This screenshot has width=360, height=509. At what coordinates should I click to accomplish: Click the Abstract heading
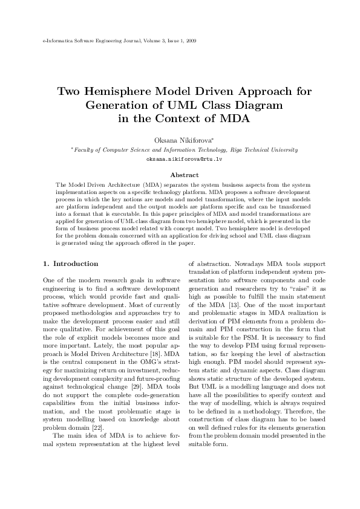[x=180, y=175]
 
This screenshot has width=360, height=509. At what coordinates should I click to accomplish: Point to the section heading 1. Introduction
[x=70, y=264]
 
